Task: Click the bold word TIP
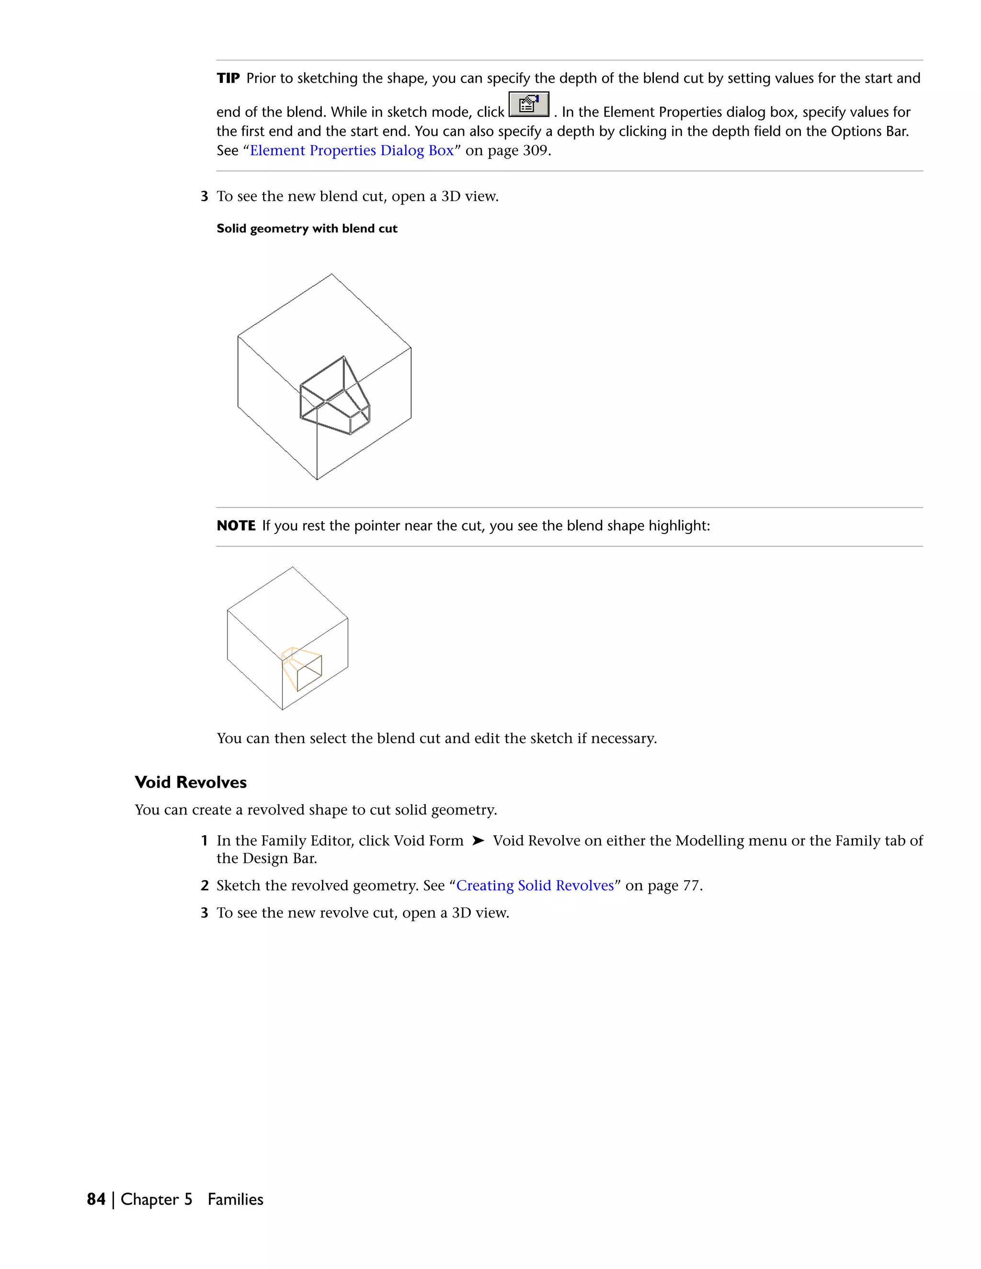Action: (228, 79)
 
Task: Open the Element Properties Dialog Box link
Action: (352, 150)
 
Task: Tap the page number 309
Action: (535, 150)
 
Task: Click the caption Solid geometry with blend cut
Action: (307, 229)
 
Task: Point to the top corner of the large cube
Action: (332, 274)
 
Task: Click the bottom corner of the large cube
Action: (317, 479)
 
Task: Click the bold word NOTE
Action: (236, 526)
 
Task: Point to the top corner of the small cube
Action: (292, 567)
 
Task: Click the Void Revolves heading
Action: (191, 782)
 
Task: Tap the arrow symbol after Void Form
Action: (478, 841)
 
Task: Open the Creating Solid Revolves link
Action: (535, 885)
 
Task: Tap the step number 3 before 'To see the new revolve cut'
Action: (204, 913)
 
